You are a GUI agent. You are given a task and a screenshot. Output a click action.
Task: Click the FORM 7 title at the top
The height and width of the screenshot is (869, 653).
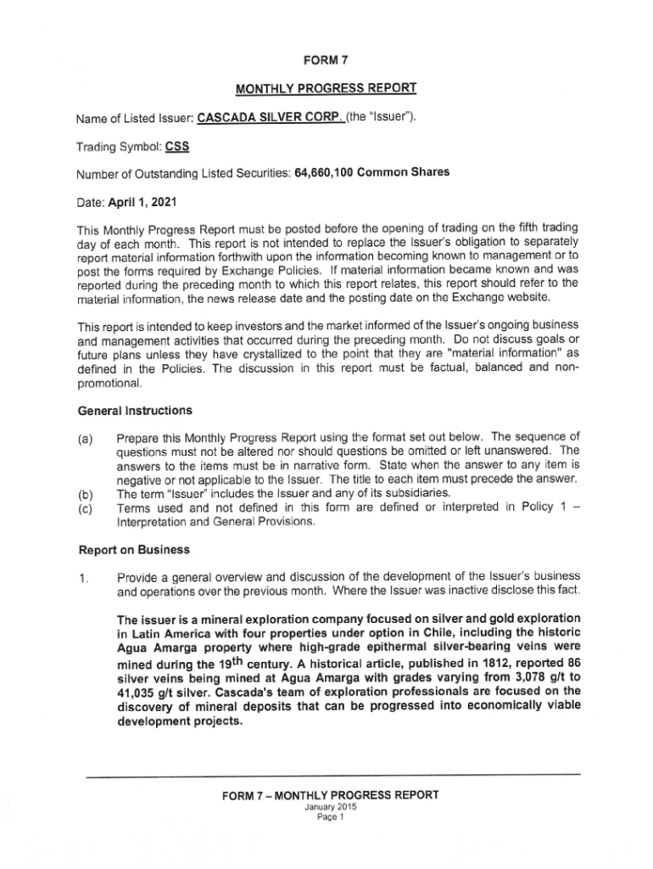326,59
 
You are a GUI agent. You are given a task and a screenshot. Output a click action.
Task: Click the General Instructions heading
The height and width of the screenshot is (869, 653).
135,411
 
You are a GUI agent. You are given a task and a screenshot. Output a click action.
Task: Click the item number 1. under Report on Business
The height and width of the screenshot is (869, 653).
82,579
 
